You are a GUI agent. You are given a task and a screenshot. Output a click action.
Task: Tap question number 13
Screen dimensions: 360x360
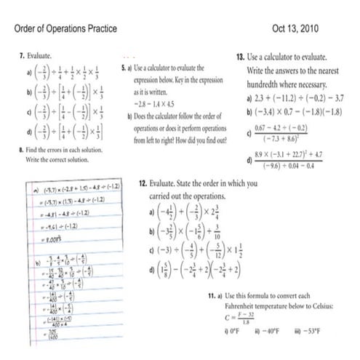(241, 56)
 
